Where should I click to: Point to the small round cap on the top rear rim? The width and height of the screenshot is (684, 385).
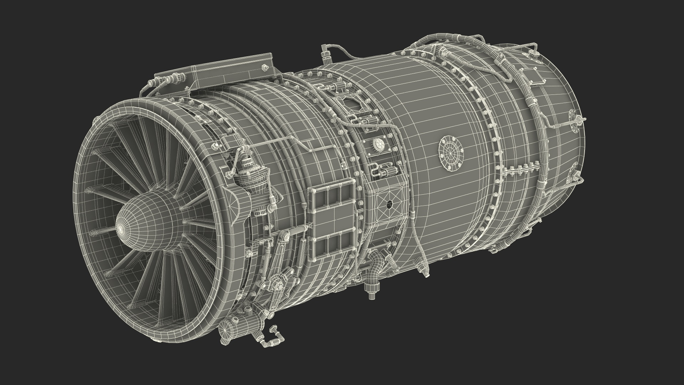pos(533,53)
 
